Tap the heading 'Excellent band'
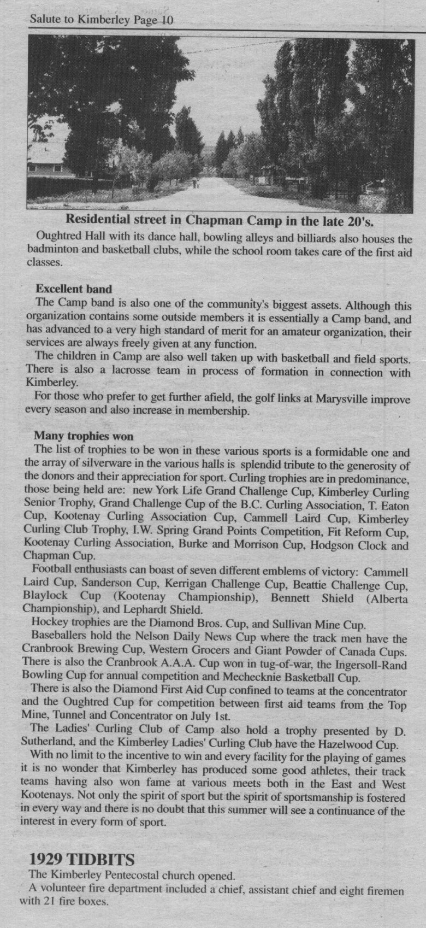(x=73, y=289)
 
